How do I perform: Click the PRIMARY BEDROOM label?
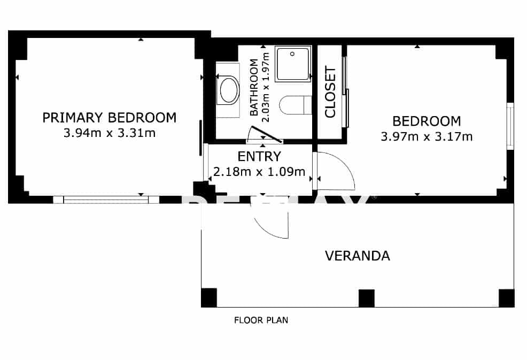click(109, 118)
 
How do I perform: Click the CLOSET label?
click(330, 92)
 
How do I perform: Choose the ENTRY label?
click(259, 157)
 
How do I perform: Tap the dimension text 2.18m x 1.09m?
click(259, 172)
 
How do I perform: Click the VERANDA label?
click(357, 256)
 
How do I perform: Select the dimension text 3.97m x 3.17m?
click(426, 136)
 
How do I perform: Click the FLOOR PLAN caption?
click(261, 321)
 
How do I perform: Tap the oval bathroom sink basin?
click(229, 90)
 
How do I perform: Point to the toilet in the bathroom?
click(296, 104)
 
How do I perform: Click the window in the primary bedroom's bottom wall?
click(106, 200)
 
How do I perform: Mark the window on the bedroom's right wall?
click(510, 126)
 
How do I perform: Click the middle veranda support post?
click(366, 297)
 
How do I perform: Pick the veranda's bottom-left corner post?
click(208, 297)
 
